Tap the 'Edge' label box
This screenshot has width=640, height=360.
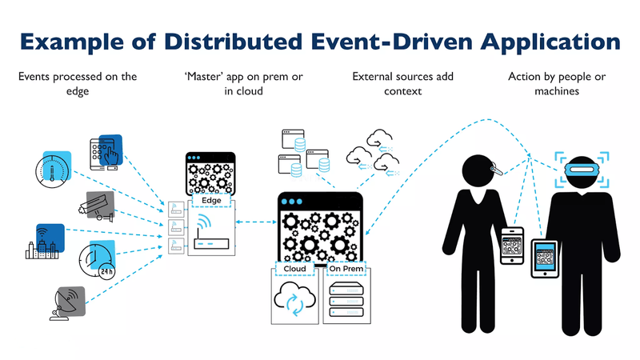211,190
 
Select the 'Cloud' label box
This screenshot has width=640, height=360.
294,269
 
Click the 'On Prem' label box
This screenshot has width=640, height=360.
346,269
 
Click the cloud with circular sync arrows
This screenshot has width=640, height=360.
295,302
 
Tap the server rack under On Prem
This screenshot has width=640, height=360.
346,302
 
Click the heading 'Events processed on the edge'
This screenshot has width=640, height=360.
77,84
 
